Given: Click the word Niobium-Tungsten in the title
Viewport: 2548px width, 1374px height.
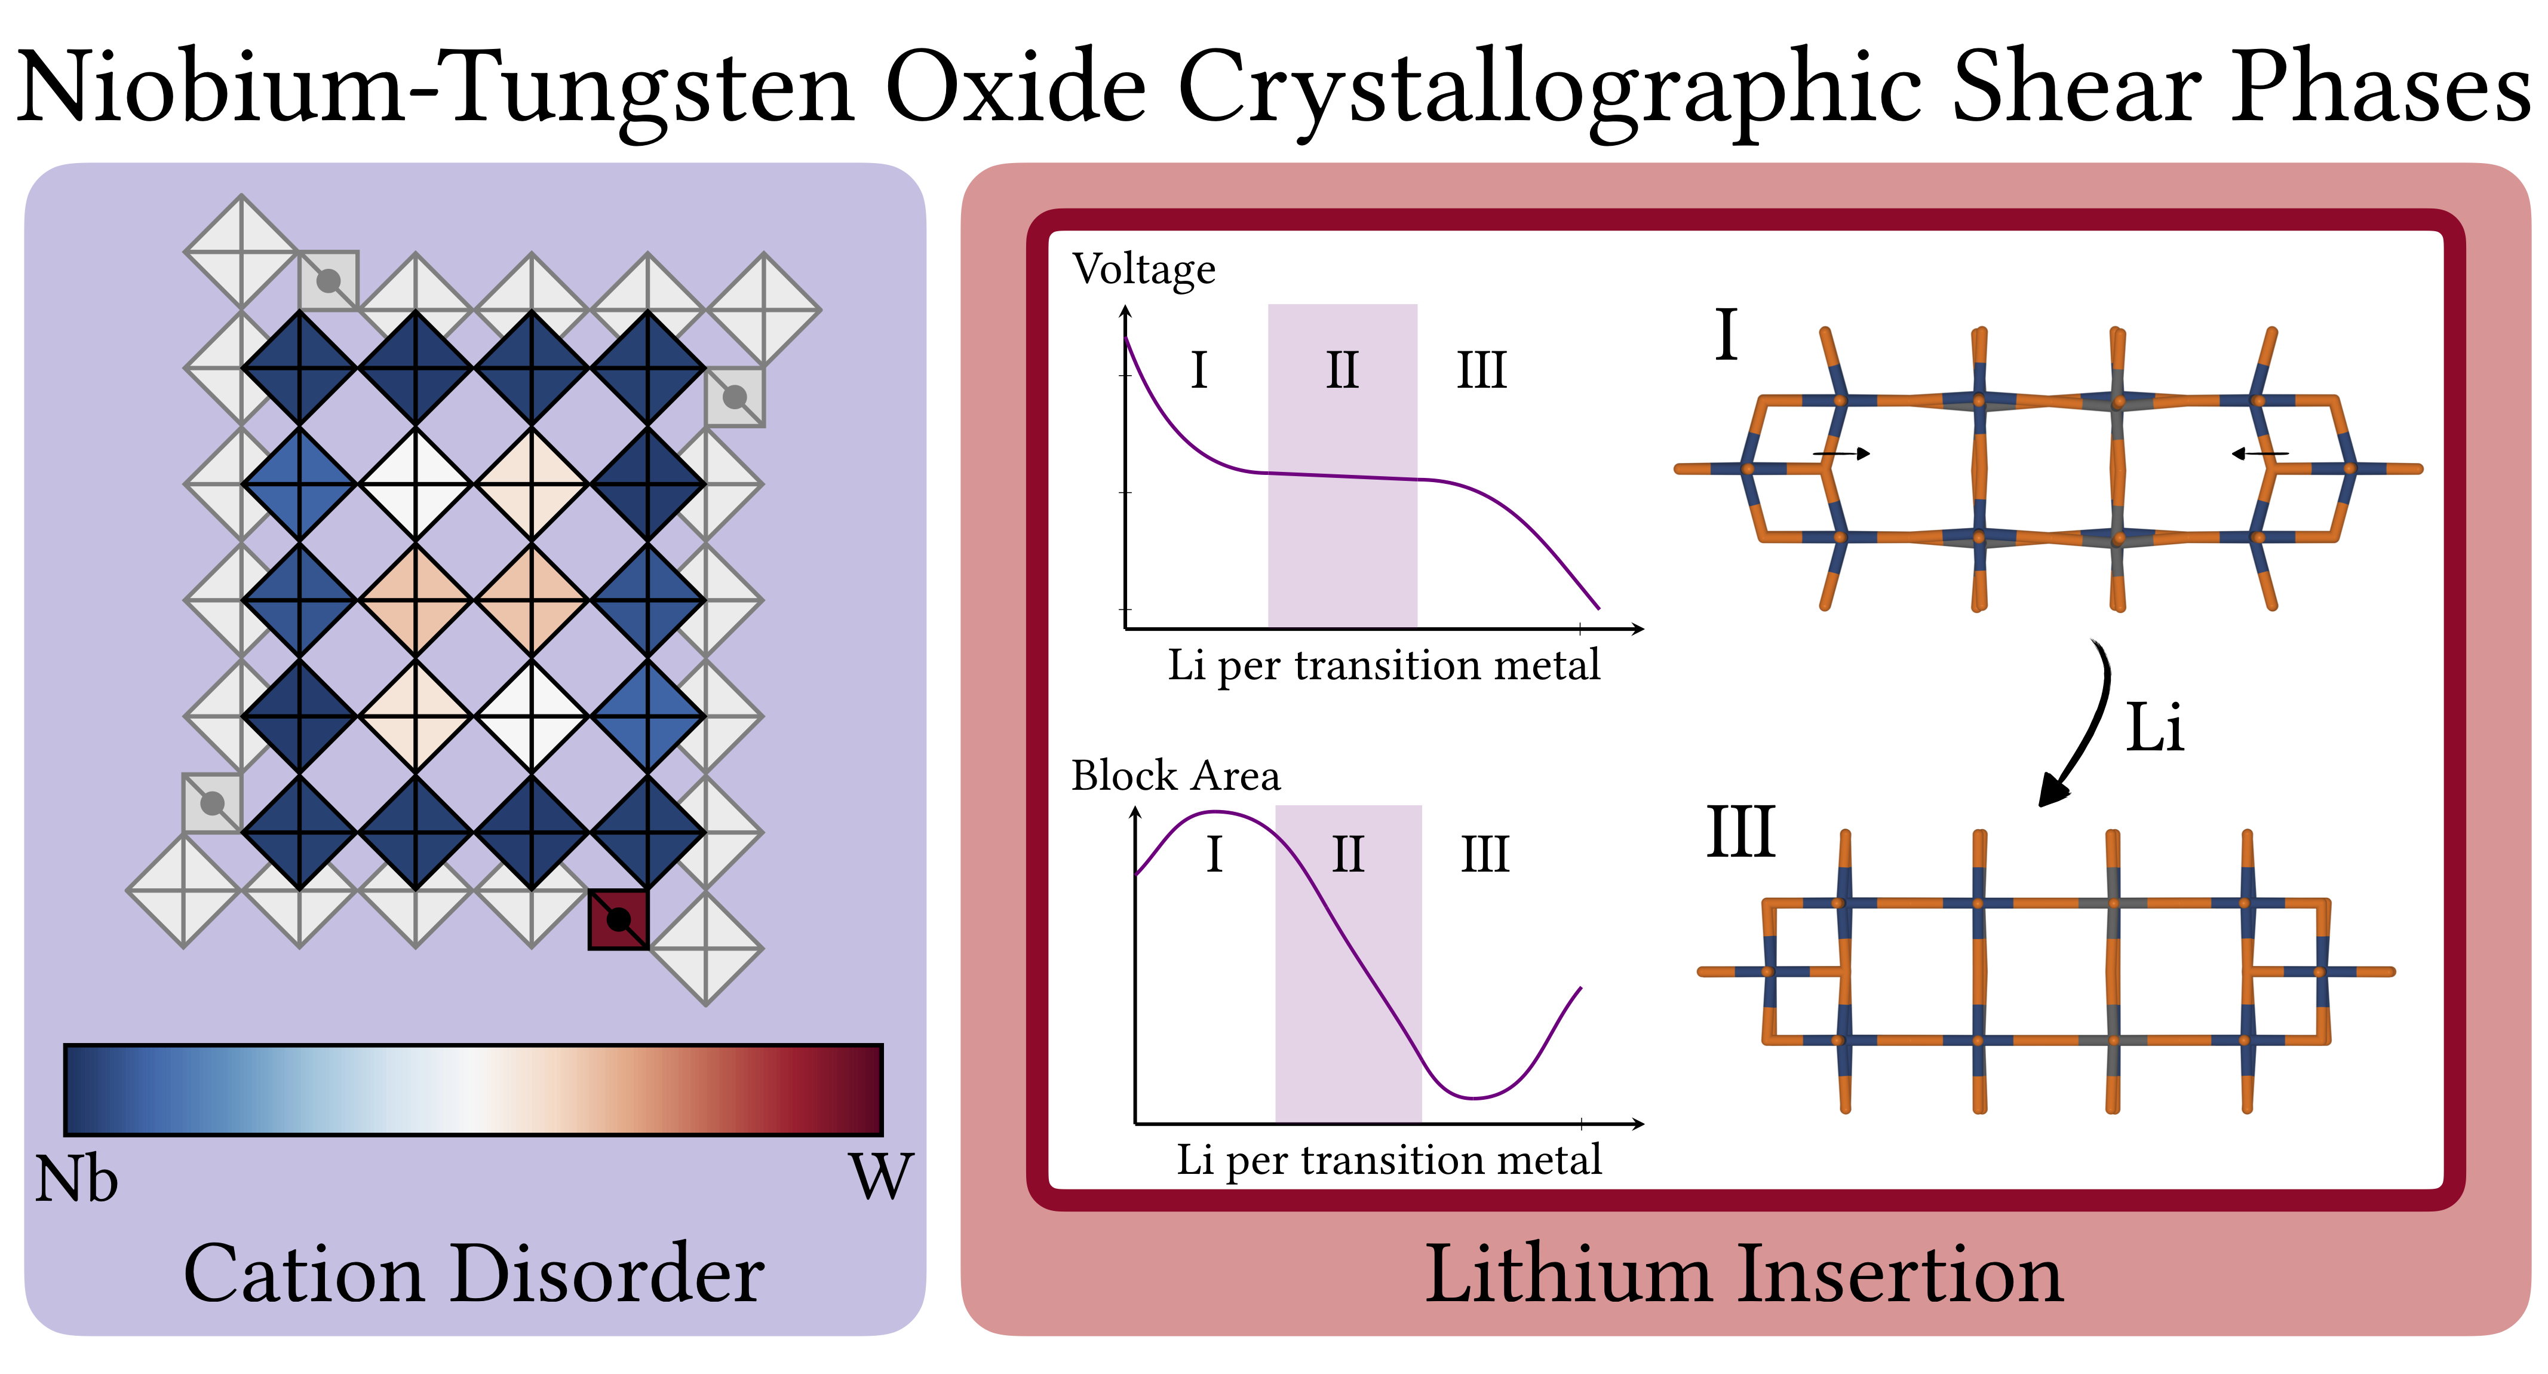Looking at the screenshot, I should click(435, 89).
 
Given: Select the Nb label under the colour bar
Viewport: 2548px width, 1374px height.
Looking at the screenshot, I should click(76, 1179).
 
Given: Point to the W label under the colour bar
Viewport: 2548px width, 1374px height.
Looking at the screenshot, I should click(880, 1177).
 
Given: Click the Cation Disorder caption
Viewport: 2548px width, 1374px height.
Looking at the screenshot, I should click(473, 1274).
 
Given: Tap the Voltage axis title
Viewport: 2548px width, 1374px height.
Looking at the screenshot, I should click(1144, 269).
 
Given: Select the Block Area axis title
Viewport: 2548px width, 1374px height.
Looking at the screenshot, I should click(1175, 775).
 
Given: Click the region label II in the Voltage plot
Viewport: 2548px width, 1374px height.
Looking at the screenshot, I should click(1342, 371).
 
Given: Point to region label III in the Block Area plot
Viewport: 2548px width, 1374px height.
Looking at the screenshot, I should click(1485, 855).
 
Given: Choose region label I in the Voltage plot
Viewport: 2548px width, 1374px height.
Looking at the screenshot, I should click(1199, 371).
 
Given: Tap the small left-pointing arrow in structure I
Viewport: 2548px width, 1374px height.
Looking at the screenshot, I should click(2260, 454).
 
